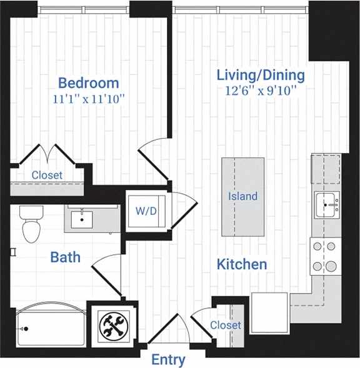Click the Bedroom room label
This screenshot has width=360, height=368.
tap(88, 82)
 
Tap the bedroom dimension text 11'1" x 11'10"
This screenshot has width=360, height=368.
tap(88, 98)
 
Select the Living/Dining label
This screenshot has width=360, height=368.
tap(261, 75)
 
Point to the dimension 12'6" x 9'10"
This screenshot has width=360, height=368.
tap(261, 91)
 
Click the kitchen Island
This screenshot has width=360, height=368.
tap(242, 196)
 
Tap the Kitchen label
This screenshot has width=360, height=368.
tap(241, 264)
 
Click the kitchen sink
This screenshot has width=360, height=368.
tap(327, 204)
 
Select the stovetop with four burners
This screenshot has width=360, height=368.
tap(325, 256)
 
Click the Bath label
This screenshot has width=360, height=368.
tap(65, 257)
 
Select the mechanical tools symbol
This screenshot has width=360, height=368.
tap(113, 325)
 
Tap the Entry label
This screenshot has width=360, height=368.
tap(168, 360)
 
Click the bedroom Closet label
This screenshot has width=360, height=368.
tap(47, 175)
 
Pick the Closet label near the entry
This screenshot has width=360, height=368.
tap(225, 326)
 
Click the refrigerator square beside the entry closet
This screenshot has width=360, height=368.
tap(269, 308)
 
